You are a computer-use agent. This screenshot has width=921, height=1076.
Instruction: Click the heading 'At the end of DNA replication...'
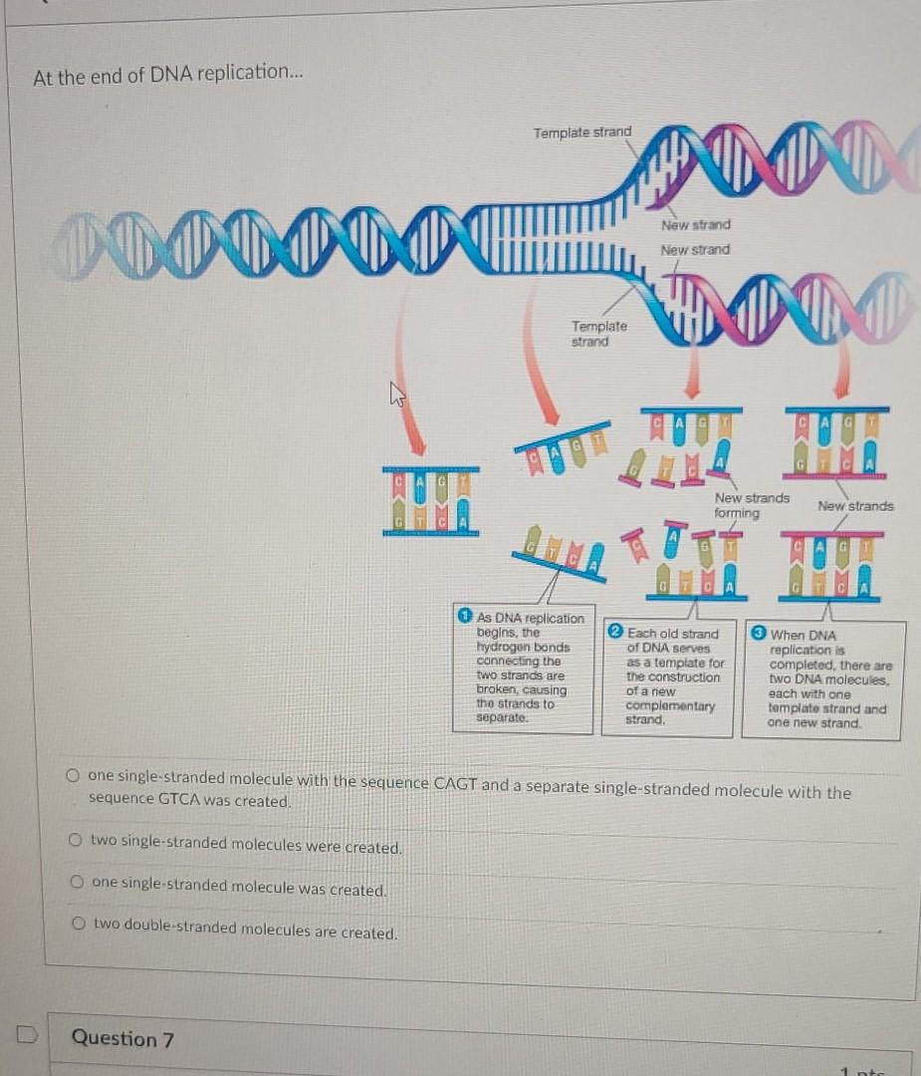coord(160,76)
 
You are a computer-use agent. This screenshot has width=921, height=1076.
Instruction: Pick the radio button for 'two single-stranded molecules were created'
coord(76,841)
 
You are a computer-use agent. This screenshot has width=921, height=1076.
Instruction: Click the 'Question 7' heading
coord(122,1038)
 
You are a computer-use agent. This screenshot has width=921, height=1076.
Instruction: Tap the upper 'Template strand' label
coord(581,133)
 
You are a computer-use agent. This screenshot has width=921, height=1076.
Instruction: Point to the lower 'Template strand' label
coord(598,334)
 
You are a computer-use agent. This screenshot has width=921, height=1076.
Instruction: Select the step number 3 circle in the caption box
coord(759,634)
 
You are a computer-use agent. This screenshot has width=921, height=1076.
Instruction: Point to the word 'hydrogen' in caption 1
coord(508,647)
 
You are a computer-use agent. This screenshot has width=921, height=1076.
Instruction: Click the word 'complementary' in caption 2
coord(670,705)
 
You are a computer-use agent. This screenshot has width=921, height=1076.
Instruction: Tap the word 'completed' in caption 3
coord(806,666)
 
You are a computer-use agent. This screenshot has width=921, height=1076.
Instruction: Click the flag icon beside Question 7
coord(28,1036)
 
